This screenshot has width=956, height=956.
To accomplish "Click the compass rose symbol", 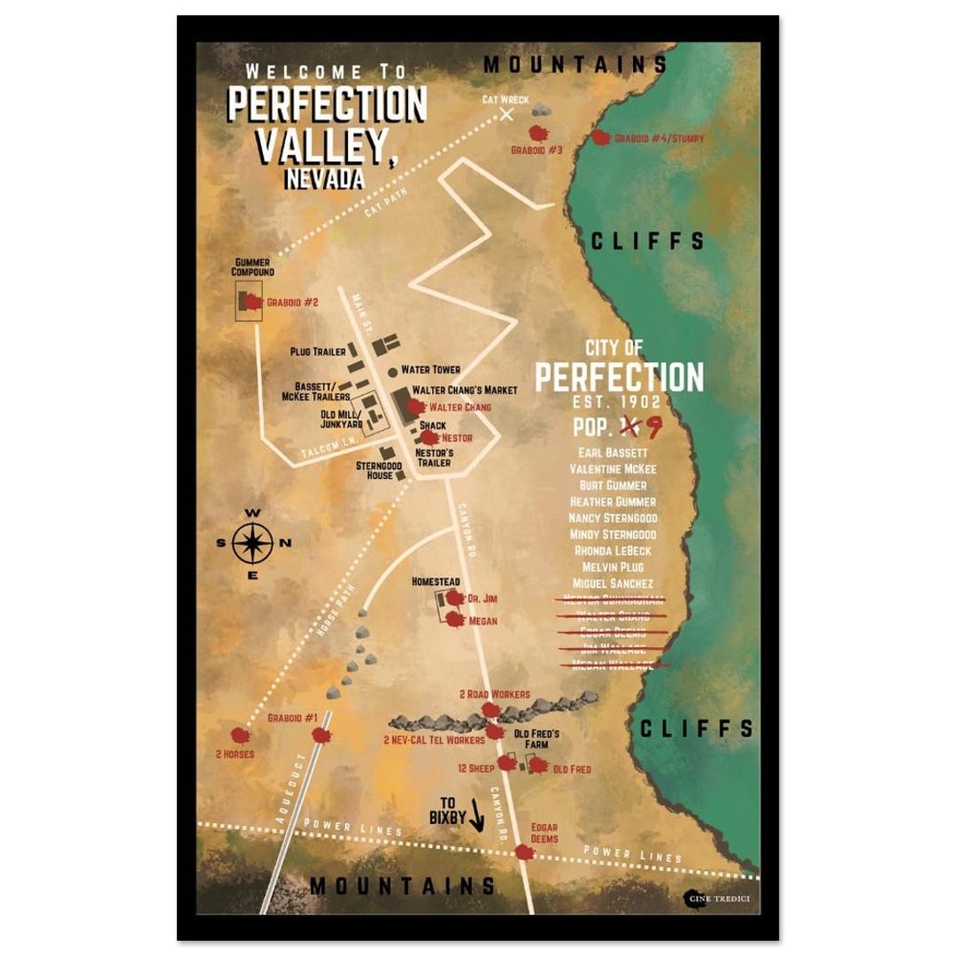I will (x=252, y=543).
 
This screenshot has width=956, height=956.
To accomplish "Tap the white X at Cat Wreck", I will (x=506, y=114).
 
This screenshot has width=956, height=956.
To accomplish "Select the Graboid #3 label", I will (x=536, y=150).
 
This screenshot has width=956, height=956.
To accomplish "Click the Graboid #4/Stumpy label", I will (x=659, y=139).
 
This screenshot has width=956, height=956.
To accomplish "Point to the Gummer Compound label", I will (x=253, y=267).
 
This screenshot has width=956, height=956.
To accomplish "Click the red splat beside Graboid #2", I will (x=252, y=302).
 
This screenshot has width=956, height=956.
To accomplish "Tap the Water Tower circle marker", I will (x=393, y=370).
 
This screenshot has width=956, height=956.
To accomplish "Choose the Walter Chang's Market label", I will (x=465, y=389).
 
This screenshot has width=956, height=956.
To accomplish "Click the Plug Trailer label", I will (x=318, y=351).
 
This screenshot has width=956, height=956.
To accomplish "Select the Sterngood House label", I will (x=380, y=470).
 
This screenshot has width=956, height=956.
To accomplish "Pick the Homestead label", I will (x=436, y=582).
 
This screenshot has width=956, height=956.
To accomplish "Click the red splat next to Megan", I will (x=455, y=620).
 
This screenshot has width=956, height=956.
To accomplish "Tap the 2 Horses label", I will (x=235, y=754).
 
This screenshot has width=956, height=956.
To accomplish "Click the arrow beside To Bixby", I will (x=477, y=815).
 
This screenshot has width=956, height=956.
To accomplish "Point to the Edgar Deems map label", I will (x=544, y=833).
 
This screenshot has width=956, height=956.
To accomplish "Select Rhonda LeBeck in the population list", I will (x=613, y=551).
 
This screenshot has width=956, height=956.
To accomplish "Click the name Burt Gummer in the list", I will (x=613, y=485).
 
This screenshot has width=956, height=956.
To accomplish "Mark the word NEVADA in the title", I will (x=324, y=178).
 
